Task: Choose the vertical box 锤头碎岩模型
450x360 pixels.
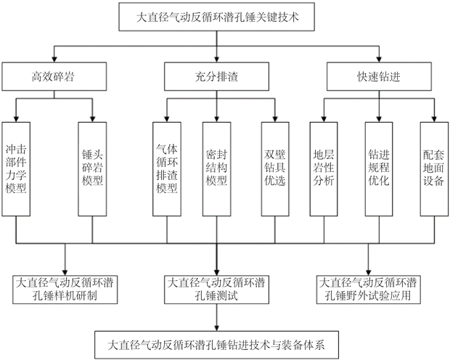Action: (x=94, y=168)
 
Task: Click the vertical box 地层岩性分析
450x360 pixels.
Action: (x=324, y=168)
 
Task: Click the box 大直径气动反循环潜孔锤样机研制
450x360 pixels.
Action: (x=67, y=289)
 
